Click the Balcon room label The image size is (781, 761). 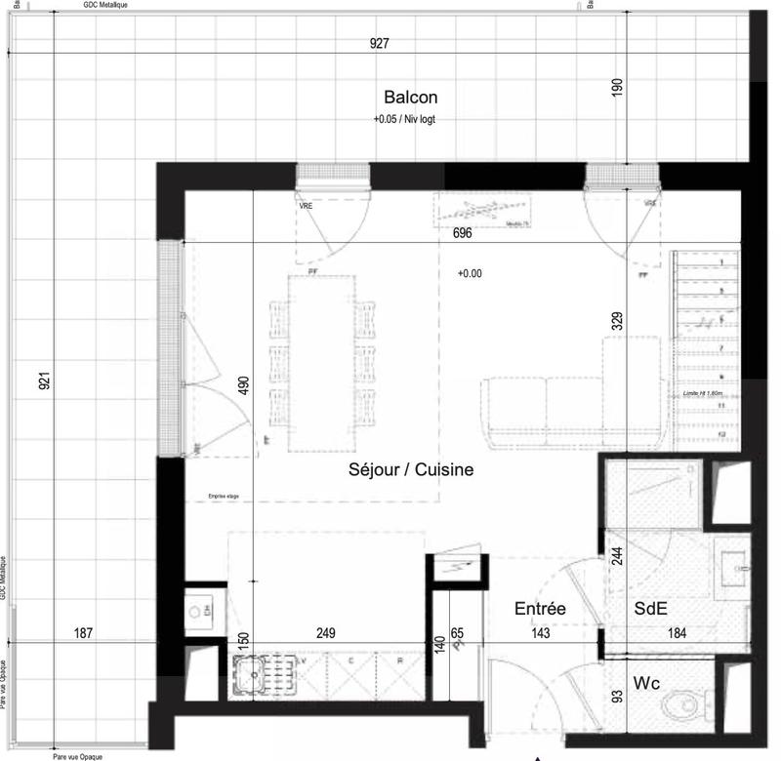coord(410,98)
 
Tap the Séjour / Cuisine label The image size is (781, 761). coord(411,470)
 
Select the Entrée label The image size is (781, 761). coord(540,608)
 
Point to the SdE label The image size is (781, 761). coord(651,608)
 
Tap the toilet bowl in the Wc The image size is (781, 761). coord(679,704)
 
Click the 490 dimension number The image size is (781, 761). coord(244,387)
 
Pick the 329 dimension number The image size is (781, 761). coord(617,323)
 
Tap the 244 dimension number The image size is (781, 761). coord(616,557)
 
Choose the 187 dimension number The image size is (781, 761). coord(85,633)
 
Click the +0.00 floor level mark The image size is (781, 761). coord(470,274)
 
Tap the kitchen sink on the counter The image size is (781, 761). coord(252,672)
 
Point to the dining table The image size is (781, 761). coord(322,361)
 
